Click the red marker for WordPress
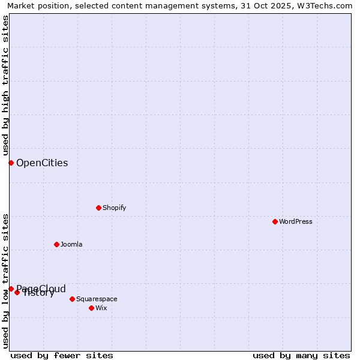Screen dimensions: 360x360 click(x=275, y=221)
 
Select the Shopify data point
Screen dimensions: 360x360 click(x=98, y=208)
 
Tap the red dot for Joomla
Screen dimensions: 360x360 click(x=56, y=244)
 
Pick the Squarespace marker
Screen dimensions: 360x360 click(x=72, y=299)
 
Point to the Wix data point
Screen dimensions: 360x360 click(x=91, y=308)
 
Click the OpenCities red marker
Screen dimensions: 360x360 click(x=11, y=163)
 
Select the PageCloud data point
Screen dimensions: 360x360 click(x=11, y=289)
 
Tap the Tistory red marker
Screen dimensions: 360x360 click(x=17, y=292)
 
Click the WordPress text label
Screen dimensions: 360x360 click(x=296, y=221)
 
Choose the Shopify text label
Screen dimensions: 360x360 click(x=115, y=208)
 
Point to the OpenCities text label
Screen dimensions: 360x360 click(x=42, y=163)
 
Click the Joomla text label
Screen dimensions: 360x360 click(x=71, y=244)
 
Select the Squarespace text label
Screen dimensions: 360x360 click(x=97, y=299)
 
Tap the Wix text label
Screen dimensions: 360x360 click(x=101, y=308)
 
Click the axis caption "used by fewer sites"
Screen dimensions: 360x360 click(x=62, y=355)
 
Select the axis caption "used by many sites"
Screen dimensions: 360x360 click(x=301, y=355)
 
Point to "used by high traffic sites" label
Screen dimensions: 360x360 click(x=5, y=85)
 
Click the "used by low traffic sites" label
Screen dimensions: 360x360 click(x=5, y=281)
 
